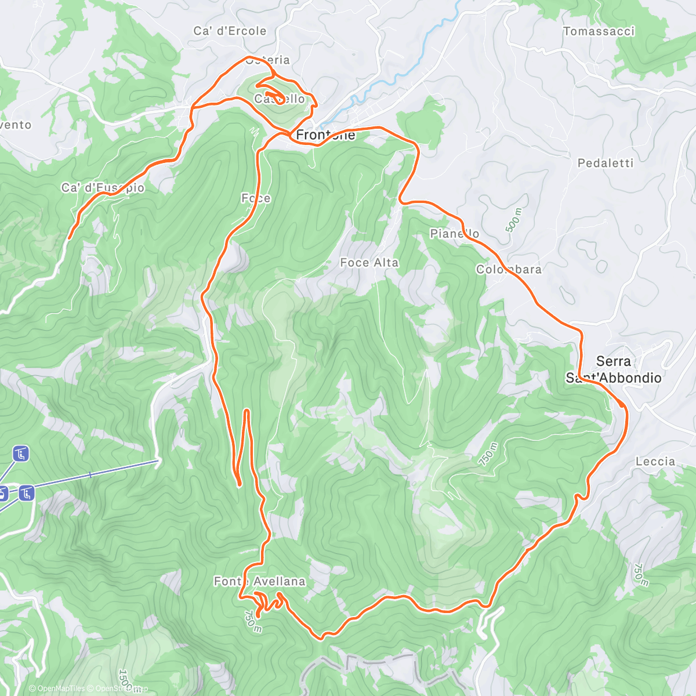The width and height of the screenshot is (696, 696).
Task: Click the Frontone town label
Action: (x=325, y=135)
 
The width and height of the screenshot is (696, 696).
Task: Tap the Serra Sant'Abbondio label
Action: (x=614, y=369)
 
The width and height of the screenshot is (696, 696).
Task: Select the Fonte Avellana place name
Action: (x=259, y=581)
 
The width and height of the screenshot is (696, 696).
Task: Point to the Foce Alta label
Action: (x=369, y=263)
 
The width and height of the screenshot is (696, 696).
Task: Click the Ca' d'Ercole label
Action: (x=230, y=31)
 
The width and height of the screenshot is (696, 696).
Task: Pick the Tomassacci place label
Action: (x=599, y=31)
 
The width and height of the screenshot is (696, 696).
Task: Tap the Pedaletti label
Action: (x=606, y=163)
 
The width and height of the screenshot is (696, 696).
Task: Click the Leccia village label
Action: (x=655, y=462)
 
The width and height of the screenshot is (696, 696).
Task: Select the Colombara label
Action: (x=509, y=269)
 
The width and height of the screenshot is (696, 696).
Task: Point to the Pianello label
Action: (x=455, y=233)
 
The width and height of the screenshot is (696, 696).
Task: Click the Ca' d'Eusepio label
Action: (x=103, y=187)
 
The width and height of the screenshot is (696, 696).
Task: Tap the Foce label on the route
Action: (x=256, y=198)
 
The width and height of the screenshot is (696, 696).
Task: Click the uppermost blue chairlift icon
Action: (x=21, y=454)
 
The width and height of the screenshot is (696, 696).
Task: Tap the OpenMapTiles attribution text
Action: (x=57, y=688)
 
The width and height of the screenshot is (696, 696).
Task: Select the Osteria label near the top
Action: (x=267, y=60)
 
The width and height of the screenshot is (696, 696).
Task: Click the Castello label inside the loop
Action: (x=280, y=99)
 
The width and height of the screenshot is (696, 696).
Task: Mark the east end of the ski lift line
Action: (x=158, y=461)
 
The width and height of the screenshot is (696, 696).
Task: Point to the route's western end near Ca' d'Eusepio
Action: (x=70, y=238)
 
